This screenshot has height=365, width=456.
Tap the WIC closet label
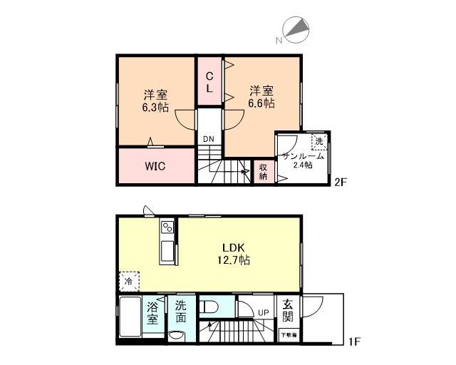click(x=156, y=166)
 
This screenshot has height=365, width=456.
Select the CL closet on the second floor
click(x=210, y=83)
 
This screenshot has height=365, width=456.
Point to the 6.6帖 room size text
click(x=261, y=103)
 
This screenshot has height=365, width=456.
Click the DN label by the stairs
click(x=208, y=138)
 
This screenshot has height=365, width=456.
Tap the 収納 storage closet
click(x=263, y=171)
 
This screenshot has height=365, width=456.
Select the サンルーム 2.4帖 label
click(x=303, y=160)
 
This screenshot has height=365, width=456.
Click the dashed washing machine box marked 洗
click(x=318, y=141)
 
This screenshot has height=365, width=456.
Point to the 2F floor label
click(x=341, y=182)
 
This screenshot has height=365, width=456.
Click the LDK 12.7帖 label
click(x=237, y=255)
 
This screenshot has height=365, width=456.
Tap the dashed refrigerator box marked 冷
click(x=129, y=282)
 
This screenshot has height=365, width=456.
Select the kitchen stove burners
click(x=167, y=228)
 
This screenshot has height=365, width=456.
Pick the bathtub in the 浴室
click(x=129, y=320)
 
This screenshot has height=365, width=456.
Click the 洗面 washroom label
click(x=181, y=312)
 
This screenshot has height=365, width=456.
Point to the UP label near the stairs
click(x=263, y=312)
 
